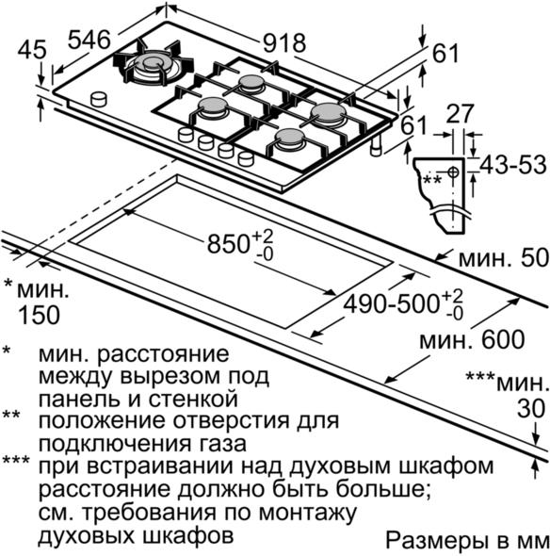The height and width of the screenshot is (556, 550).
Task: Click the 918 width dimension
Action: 284,43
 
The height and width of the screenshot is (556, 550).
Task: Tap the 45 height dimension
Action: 32,50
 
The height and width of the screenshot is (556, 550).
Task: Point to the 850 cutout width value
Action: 228,244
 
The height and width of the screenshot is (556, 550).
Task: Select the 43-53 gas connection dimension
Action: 512,165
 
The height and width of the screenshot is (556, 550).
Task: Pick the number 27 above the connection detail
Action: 460,113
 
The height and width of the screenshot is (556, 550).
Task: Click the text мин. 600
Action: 472,339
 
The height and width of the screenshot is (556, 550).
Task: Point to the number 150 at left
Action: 39,315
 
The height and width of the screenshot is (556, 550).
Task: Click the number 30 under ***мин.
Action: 531,408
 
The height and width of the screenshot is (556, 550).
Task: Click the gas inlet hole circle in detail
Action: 453,172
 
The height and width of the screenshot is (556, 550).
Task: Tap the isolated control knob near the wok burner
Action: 99,99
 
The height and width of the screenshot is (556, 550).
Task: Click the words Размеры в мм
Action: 467,540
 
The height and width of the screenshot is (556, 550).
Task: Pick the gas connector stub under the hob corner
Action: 376,146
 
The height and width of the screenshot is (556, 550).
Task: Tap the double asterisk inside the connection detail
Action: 432,179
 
